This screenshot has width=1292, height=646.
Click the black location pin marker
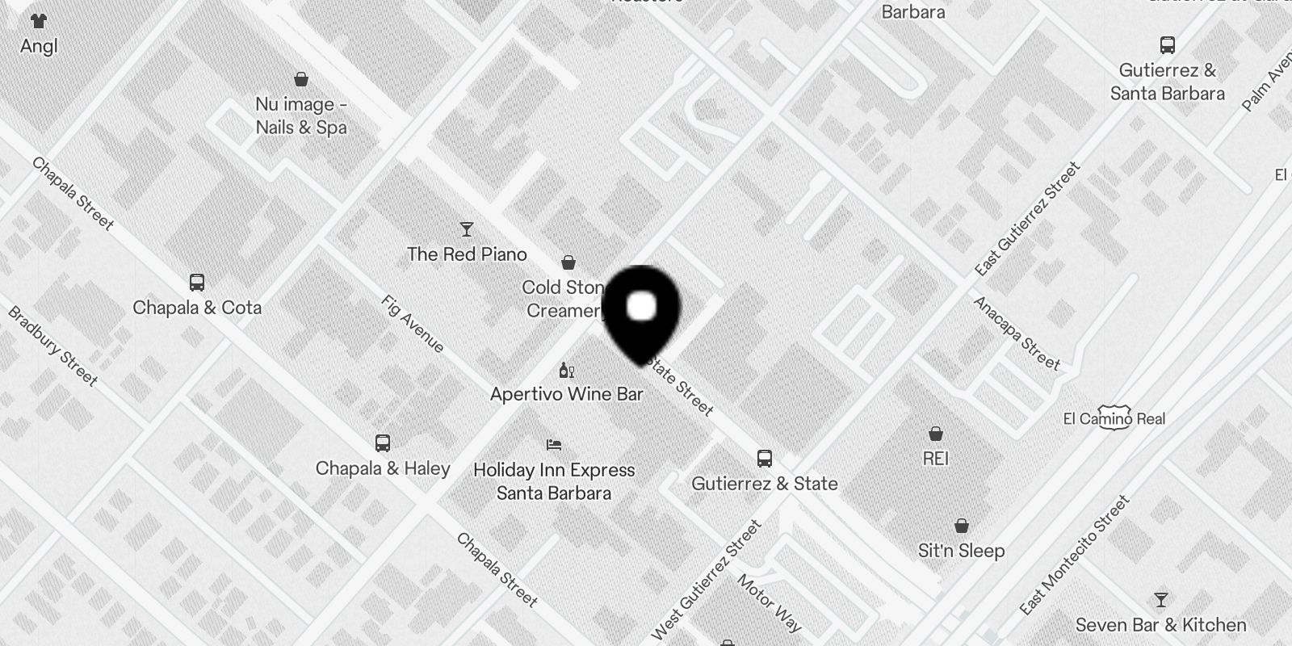tap(641, 311)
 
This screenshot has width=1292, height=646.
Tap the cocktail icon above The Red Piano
tap(466, 229)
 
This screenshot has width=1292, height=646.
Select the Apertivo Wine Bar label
tap(567, 394)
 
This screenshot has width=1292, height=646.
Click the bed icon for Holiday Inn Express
tap(554, 444)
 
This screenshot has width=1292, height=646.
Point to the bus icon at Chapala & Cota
tap(197, 283)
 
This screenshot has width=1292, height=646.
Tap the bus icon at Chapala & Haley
tap(383, 443)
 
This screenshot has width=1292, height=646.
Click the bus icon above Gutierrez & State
tap(765, 459)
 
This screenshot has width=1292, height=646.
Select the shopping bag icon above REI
tap(935, 434)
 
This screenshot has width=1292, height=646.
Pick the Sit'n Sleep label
tap(961, 551)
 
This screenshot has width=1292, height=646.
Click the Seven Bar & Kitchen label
tap(1160, 625)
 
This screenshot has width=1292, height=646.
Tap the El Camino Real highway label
tap(1114, 418)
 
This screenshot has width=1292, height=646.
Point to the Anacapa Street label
tap(1017, 333)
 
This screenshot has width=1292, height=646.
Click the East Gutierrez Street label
tap(1027, 218)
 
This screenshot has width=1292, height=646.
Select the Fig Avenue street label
tap(413, 325)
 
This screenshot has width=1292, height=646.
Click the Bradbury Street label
tap(52, 346)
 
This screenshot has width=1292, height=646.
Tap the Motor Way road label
tap(769, 602)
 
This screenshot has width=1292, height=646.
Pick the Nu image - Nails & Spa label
tap(301, 115)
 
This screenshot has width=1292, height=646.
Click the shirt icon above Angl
tap(38, 21)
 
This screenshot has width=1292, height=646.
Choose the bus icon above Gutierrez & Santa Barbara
tap(1167, 45)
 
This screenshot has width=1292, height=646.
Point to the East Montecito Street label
tap(1074, 555)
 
